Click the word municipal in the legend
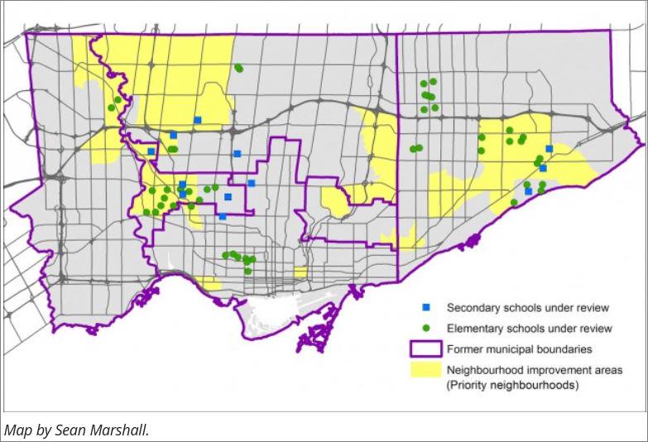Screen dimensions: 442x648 pyautogui.click(x=509, y=349)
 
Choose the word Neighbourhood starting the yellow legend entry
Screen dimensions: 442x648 pyautogui.click(x=485, y=370)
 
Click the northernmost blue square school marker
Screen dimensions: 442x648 pyautogui.click(x=198, y=120)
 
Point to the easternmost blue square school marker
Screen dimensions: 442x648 pyautogui.click(x=549, y=149)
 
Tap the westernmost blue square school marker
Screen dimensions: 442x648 pyautogui.click(x=151, y=151)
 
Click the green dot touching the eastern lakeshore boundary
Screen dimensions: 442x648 pyautogui.click(x=514, y=202)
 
